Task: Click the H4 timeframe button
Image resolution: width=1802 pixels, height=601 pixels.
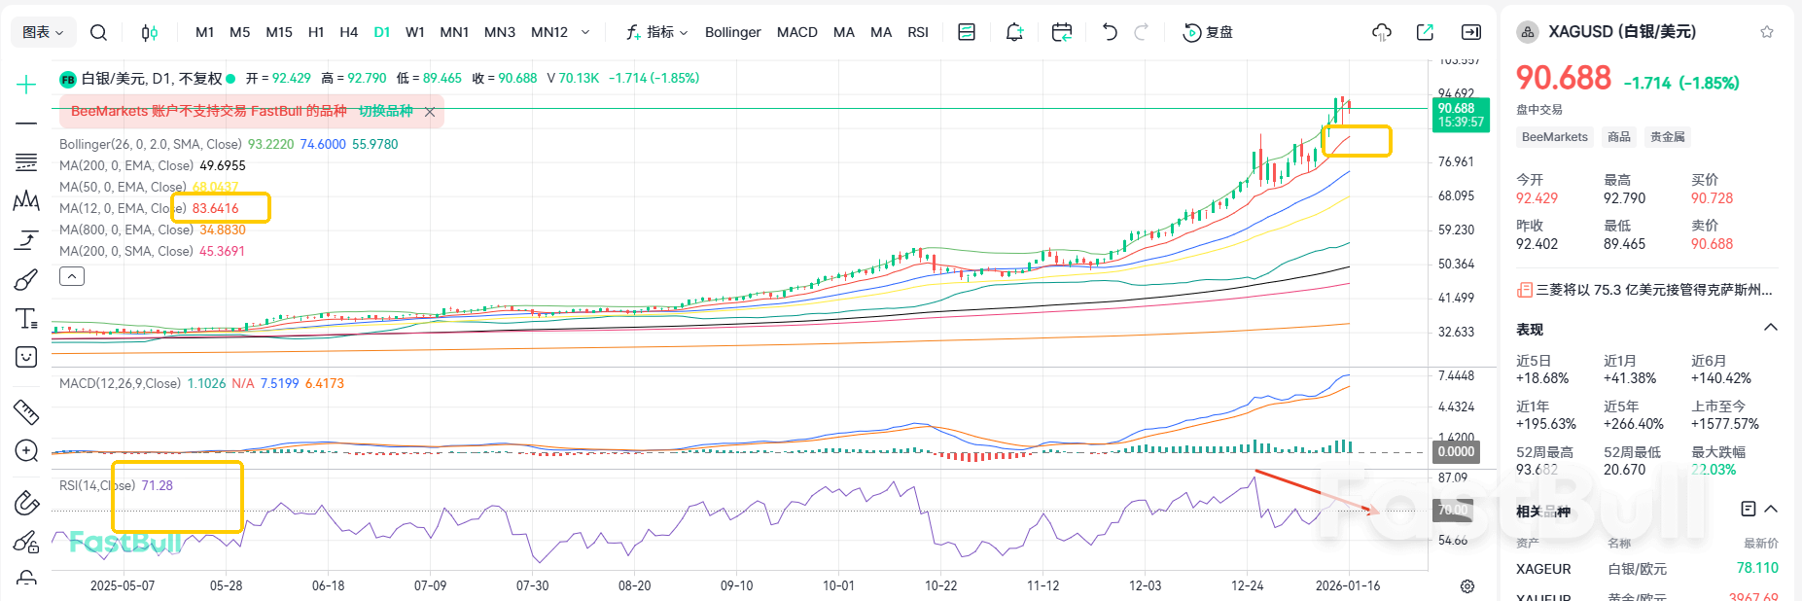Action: [x=348, y=32]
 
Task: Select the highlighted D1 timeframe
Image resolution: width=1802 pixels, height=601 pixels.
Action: [x=382, y=32]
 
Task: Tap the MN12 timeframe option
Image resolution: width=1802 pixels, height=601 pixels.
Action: [x=549, y=32]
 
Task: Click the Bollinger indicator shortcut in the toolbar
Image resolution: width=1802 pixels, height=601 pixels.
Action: [x=732, y=32]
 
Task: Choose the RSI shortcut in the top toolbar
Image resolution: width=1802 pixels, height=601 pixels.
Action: [x=918, y=32]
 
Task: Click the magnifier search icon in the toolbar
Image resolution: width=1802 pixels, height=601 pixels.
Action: [x=98, y=32]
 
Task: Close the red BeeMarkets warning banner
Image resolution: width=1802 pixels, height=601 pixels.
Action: [x=430, y=112]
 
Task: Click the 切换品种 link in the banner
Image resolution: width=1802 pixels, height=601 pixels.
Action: [x=386, y=111]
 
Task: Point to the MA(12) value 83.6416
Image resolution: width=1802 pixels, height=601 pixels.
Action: [x=215, y=208]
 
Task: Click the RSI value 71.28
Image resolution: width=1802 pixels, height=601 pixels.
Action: [x=157, y=485]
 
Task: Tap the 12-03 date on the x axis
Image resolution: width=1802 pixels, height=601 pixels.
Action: [x=1145, y=585]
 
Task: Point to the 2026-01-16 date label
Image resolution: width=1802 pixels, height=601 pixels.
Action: [x=1347, y=585]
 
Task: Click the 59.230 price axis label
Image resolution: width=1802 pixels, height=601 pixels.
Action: [x=1456, y=230]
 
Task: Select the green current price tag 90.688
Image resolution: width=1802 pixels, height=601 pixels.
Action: [x=1461, y=115]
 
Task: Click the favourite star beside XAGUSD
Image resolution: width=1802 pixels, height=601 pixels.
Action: [x=1767, y=32]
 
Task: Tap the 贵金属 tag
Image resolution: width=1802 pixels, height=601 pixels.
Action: [x=1667, y=137]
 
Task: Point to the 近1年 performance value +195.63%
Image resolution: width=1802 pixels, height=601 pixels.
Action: [x=1545, y=424]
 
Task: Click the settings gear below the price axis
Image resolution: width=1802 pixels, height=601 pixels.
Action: [x=1467, y=586]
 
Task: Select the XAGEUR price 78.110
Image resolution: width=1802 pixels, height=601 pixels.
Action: [x=1757, y=568]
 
